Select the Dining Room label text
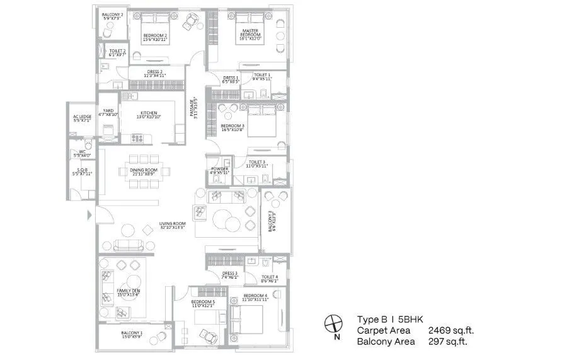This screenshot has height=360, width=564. (x=144, y=171)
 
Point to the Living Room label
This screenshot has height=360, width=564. (x=172, y=224)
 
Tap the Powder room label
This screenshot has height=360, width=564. (x=219, y=170)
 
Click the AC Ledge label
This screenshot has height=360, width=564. (x=83, y=117)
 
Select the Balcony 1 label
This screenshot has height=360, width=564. (x=132, y=334)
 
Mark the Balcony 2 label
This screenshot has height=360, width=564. (x=113, y=15)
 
